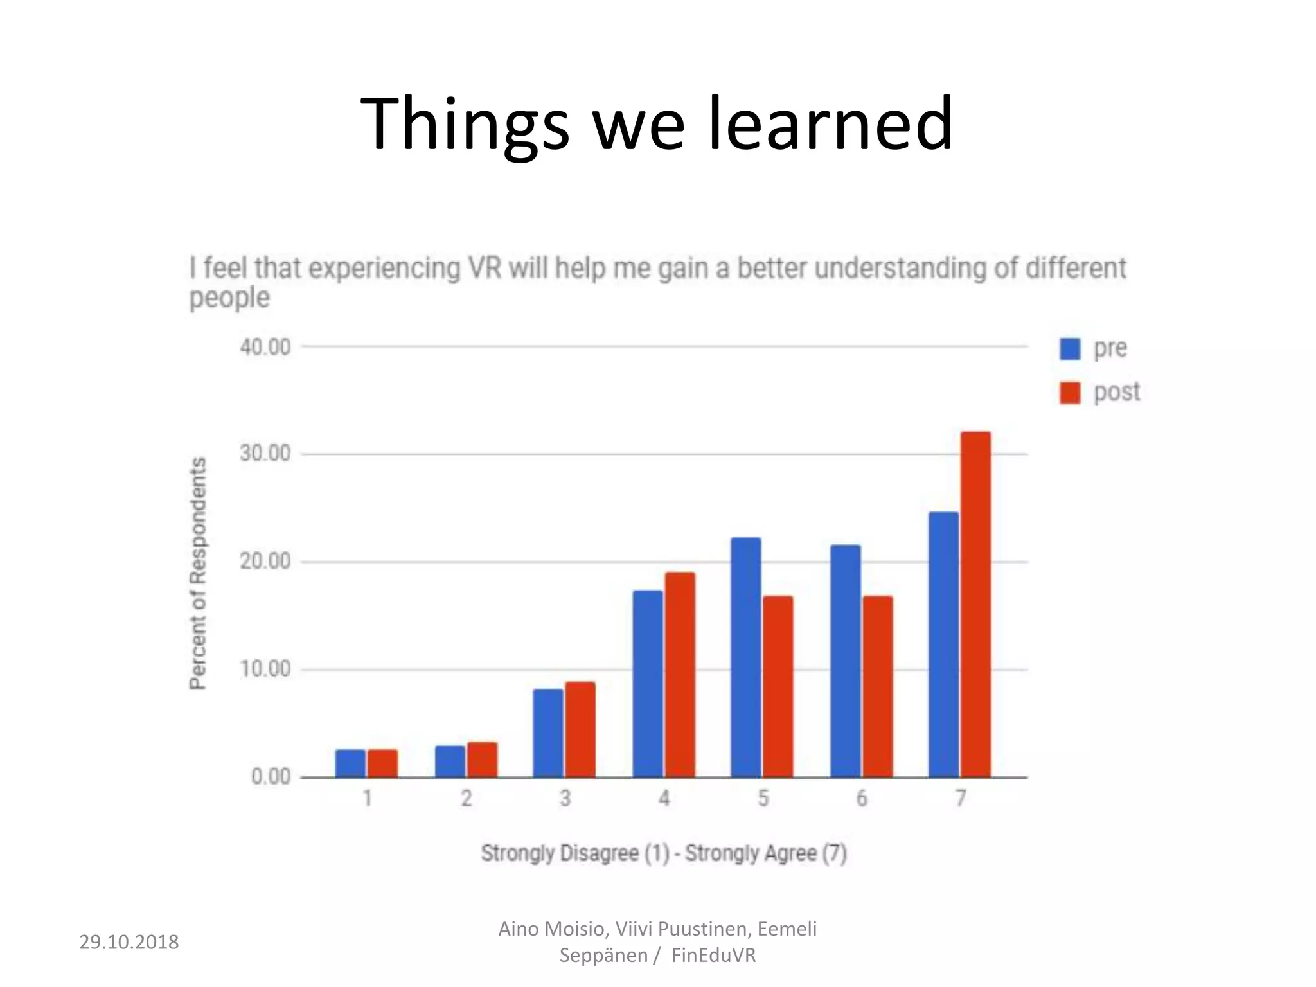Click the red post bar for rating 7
coord(975,604)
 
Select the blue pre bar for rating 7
coord(943,645)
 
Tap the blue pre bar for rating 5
coord(745,657)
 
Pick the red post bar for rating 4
coord(680,675)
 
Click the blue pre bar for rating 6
coord(845,661)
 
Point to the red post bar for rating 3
coord(580,729)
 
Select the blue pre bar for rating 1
coord(350,763)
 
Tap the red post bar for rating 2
coord(482,760)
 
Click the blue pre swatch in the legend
coord(1070,349)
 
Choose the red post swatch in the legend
coord(1070,393)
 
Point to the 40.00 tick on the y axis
coord(265,348)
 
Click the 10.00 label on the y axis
coord(265,670)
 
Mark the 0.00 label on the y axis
coord(271,777)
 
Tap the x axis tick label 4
coord(664,799)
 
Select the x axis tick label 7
coord(960,799)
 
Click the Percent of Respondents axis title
coord(199,573)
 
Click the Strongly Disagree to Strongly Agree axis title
coord(664,854)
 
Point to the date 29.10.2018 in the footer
coord(129,942)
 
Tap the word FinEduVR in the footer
coord(713,956)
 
